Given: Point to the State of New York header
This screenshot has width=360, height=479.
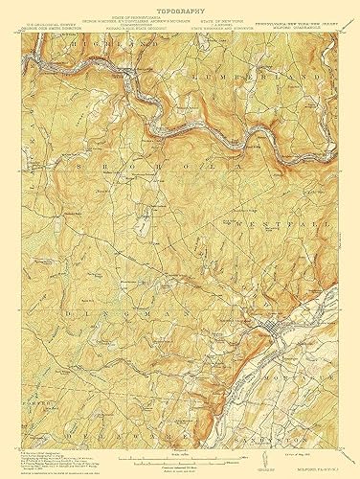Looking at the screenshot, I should [x=226, y=19].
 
